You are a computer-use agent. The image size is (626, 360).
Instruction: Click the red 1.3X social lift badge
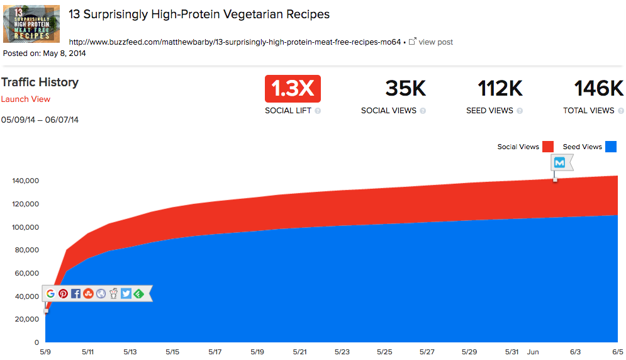tap(293, 89)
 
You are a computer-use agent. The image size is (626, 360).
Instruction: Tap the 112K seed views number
tap(500, 89)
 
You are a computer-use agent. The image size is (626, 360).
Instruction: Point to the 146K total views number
tap(598, 89)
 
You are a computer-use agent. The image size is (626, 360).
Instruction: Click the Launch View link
tap(26, 99)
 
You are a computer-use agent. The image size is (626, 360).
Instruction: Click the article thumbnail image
tap(31, 24)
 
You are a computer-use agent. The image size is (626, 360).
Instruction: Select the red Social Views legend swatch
tap(547, 147)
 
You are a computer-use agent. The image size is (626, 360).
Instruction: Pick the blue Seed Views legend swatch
tap(610, 147)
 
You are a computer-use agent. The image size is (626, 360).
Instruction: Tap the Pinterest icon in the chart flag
tap(64, 293)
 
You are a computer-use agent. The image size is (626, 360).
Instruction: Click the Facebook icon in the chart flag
tap(75, 293)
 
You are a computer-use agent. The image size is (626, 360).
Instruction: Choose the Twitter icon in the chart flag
tap(126, 293)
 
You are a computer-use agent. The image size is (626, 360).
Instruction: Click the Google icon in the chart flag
tap(51, 293)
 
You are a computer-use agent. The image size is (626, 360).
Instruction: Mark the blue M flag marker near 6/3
tap(559, 163)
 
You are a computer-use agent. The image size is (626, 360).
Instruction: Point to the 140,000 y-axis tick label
tap(26, 181)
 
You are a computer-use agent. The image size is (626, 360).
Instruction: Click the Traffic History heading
tap(40, 82)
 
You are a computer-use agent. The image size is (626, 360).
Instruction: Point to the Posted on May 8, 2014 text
tap(45, 53)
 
